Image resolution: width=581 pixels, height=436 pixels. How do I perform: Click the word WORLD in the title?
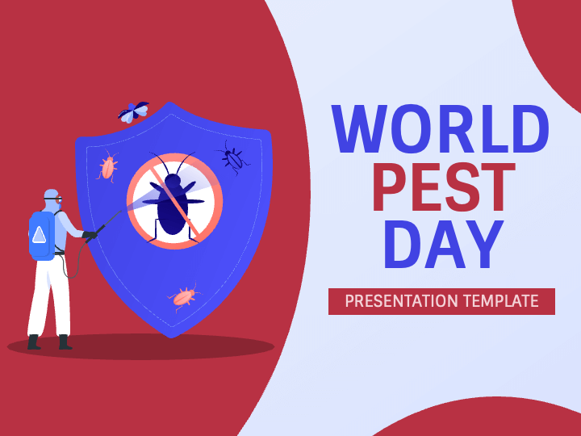441,129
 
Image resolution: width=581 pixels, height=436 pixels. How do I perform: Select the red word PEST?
444,187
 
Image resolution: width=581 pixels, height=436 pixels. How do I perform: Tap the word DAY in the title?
444,245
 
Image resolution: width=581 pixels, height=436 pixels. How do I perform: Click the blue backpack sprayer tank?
41,236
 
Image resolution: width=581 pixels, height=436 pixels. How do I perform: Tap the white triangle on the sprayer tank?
39,235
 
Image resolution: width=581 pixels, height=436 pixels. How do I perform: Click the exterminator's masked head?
52,199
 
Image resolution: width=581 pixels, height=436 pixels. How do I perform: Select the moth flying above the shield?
133,111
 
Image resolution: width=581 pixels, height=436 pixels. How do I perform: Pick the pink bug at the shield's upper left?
108,166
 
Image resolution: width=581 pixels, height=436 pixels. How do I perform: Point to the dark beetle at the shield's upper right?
233,158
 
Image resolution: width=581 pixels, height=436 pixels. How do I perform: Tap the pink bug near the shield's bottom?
184,296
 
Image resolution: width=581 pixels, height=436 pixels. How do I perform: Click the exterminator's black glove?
90,235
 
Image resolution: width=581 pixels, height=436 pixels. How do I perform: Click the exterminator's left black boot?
33,342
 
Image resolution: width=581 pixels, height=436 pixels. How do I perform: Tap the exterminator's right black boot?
65,342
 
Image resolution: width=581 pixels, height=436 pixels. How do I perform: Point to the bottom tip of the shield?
171,337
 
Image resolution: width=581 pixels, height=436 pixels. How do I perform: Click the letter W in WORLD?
359,129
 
